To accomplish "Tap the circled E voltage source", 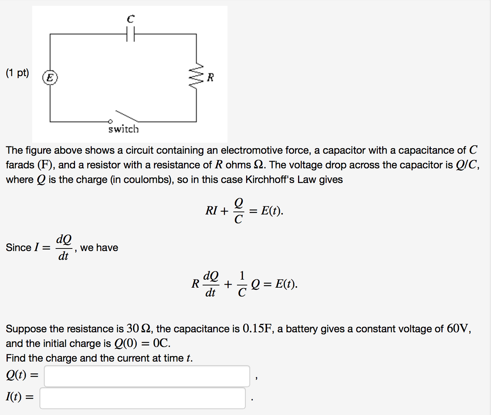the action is tap(50, 78).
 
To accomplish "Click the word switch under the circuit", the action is tap(124, 129).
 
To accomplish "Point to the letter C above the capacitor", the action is tap(131, 19).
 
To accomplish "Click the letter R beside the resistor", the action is tap(210, 78).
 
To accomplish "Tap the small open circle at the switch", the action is tap(110, 121).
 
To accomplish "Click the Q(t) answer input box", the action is tap(147, 376).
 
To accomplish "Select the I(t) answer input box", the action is tap(142, 398).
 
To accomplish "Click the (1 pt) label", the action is tap(17, 73).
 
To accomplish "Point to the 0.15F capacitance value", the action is tap(257, 329).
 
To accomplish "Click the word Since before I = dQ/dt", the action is tap(18, 248).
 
